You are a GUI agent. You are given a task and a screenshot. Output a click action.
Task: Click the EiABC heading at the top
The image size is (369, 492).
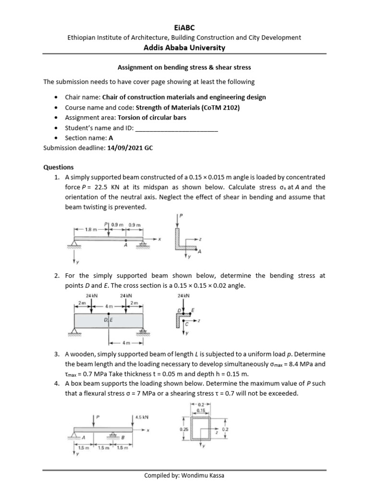pyautogui.click(x=184, y=28)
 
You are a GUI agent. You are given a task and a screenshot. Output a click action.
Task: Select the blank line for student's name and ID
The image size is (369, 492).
pyautogui.click(x=177, y=129)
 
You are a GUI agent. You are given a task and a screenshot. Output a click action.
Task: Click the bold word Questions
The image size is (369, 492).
pyautogui.click(x=59, y=167)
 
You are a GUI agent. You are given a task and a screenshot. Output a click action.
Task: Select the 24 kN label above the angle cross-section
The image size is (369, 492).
pyautogui.click(x=184, y=296)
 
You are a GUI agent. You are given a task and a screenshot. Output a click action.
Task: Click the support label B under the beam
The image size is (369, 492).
pyautogui.click(x=123, y=437)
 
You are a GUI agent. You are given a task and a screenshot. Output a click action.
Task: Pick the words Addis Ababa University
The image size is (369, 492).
pyautogui.click(x=184, y=48)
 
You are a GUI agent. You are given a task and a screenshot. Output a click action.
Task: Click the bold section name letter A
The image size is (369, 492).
pyautogui.click(x=111, y=139)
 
